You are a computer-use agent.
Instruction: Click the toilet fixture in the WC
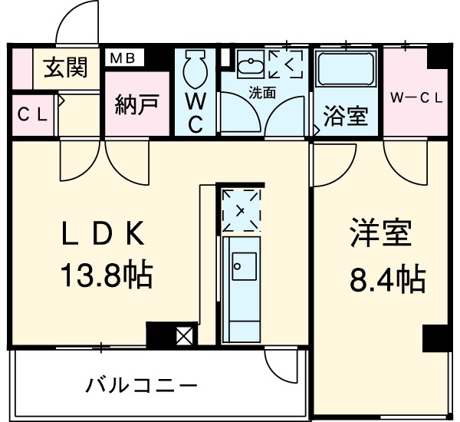[x=195, y=68]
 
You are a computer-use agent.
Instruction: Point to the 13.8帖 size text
[x=105, y=274]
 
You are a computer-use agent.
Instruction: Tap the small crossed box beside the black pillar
[x=186, y=335]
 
